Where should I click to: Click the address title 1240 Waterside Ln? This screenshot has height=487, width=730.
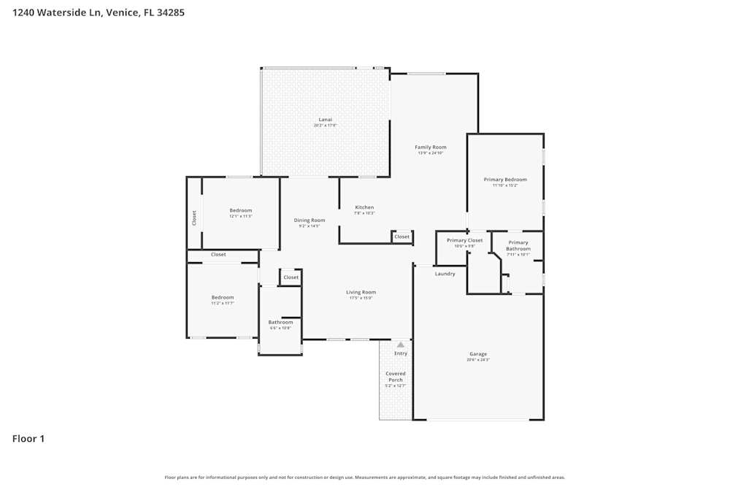(99, 12)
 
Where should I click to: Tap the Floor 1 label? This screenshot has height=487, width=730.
(28, 439)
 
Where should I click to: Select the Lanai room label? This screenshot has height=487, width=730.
(325, 119)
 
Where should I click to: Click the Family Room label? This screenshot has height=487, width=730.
(431, 147)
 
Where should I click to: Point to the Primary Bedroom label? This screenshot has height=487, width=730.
(505, 179)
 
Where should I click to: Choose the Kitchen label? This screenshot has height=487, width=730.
(364, 207)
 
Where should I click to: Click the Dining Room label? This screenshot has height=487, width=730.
(310, 220)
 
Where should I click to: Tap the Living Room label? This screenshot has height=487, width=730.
(361, 292)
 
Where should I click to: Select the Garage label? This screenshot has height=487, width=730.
(478, 354)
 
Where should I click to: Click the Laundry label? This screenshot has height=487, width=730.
(445, 274)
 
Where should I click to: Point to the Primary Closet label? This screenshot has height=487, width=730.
(465, 240)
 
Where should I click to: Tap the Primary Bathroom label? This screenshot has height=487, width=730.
(518, 245)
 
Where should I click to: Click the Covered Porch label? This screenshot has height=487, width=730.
(396, 377)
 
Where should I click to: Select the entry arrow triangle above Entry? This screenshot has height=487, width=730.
(400, 344)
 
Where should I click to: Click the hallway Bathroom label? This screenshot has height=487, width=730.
(280, 322)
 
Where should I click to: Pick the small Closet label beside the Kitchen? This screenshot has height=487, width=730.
(402, 237)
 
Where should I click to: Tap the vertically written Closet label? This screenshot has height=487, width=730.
(194, 218)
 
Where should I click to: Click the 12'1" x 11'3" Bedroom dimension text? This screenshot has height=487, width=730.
(241, 216)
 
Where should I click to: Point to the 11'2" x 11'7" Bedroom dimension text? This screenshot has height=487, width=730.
(223, 303)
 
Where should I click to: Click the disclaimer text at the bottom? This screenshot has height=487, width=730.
(365, 478)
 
